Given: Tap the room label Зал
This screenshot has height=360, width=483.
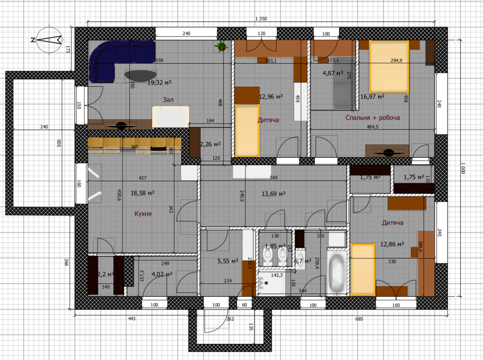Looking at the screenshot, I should click(x=168, y=99).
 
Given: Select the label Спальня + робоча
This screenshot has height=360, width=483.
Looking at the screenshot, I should click(x=372, y=117).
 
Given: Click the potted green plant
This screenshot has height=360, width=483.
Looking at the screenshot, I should click(x=221, y=46).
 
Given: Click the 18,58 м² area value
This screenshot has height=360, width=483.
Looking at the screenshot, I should click(x=142, y=193).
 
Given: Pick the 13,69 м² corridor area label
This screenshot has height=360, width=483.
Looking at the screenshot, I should click(x=273, y=194).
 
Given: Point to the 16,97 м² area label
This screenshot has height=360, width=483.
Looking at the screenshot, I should click(x=372, y=97).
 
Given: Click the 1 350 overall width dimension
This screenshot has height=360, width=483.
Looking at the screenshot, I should click(x=261, y=18).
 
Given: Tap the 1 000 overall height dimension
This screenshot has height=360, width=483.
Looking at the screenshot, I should click(x=463, y=169).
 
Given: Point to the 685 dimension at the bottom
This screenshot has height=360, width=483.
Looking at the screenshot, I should click(x=359, y=318).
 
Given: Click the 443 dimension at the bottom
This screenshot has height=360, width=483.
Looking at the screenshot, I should click(x=131, y=318).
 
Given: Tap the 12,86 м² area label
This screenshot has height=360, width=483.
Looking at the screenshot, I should click(x=392, y=244).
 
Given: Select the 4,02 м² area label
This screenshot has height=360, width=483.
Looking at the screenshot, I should click(x=162, y=274).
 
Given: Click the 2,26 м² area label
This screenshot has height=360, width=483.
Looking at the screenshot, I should click(x=210, y=144).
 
